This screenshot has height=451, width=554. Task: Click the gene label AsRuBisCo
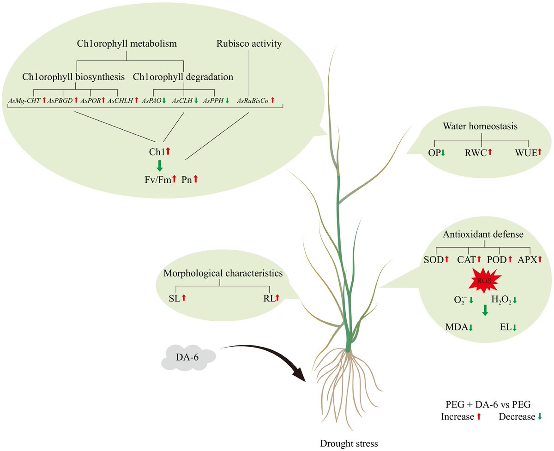pyautogui.click(x=252, y=100)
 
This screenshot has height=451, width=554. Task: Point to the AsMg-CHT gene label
pyautogui.click(x=24, y=100)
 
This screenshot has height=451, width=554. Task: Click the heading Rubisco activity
pyautogui.click(x=249, y=44)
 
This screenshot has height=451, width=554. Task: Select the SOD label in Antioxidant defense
pyautogui.click(x=433, y=260)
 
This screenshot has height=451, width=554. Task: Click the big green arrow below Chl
pyautogui.click(x=160, y=165)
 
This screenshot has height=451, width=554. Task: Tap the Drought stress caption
pyautogui.click(x=349, y=444)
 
